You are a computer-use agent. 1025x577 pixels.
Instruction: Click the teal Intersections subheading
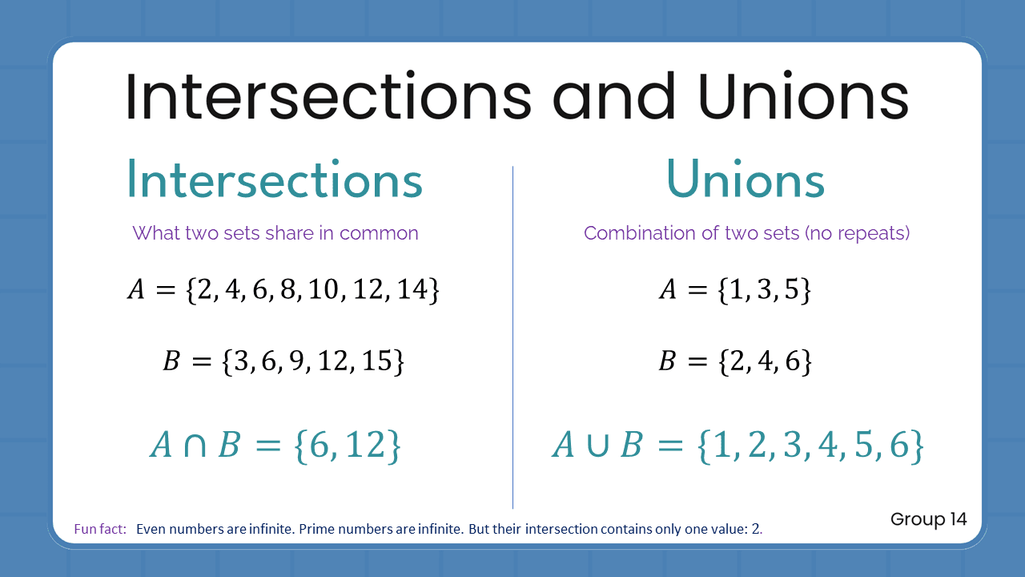coord(275,181)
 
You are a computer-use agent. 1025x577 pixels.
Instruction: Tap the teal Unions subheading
coord(746,181)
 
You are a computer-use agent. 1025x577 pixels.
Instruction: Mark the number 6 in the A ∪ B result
coord(900,446)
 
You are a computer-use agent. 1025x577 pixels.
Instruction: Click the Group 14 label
coord(928,519)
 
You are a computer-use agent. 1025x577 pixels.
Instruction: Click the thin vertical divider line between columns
coord(512,337)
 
